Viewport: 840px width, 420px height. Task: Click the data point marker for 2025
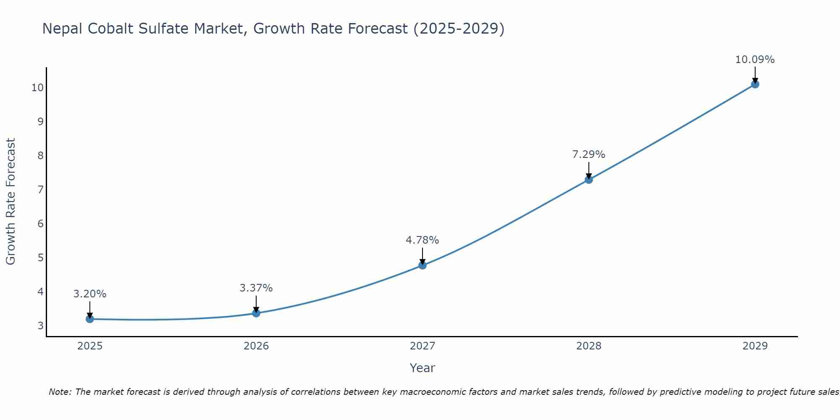(89, 319)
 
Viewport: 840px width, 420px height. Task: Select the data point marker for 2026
(256, 313)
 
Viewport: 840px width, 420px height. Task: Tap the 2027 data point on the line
(423, 265)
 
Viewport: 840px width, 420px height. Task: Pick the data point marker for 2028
(589, 180)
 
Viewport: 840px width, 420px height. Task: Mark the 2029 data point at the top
(755, 84)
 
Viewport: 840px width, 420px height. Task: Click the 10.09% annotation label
(755, 60)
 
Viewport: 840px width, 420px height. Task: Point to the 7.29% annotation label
(589, 155)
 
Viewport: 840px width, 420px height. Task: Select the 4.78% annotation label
(422, 240)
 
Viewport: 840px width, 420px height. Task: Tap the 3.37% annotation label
(256, 288)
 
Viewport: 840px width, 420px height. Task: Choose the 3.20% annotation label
(90, 294)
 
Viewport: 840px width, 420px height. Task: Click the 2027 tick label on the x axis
(423, 346)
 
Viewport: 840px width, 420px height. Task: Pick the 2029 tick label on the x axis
(755, 346)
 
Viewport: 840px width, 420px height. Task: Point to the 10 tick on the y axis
(37, 88)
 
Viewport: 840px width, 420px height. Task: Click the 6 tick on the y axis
(40, 223)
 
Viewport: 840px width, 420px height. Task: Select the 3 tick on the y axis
(40, 325)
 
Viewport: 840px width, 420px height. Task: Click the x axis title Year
(422, 368)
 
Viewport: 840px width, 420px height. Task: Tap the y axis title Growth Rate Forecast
(10, 202)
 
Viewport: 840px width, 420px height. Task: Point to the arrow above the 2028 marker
(589, 171)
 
